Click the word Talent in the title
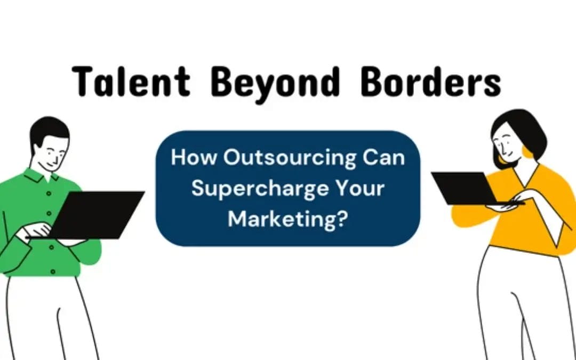coord(131,82)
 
